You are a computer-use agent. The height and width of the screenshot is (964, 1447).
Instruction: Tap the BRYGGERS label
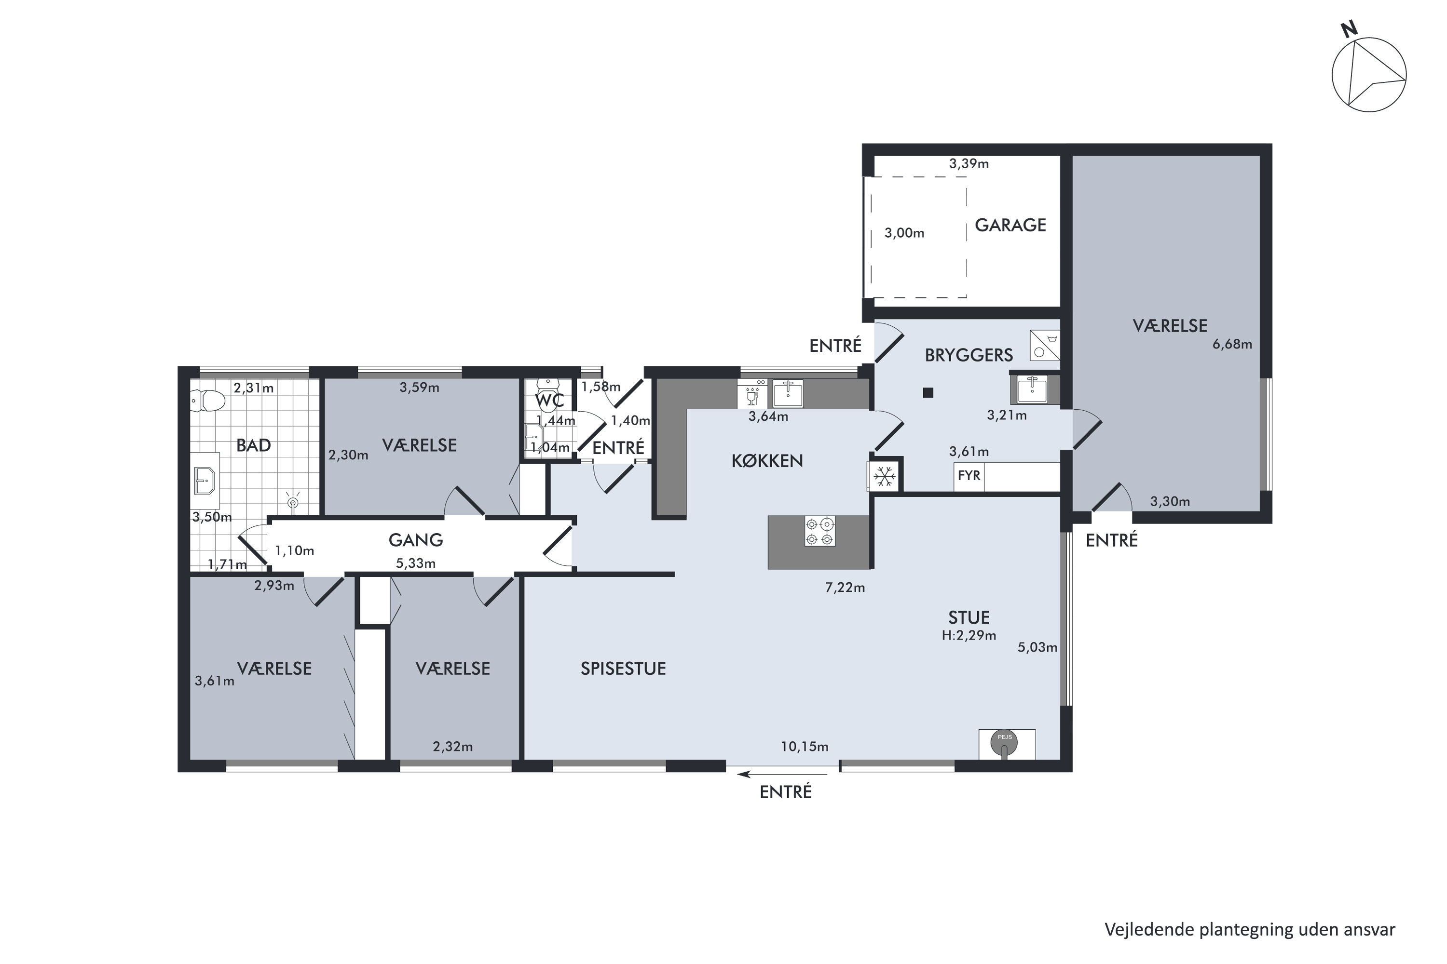point(969,355)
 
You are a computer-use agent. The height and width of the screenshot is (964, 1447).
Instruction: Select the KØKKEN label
point(767,461)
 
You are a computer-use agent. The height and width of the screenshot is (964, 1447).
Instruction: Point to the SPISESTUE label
point(623,669)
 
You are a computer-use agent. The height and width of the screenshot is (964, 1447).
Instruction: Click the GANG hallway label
point(416,540)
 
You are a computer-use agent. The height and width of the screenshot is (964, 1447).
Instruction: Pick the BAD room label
point(254,446)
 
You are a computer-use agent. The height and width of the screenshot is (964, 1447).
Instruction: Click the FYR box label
point(969,475)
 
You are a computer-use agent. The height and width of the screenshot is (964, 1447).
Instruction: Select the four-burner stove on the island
point(820,531)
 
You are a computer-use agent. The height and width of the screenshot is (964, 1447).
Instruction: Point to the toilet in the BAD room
point(207,401)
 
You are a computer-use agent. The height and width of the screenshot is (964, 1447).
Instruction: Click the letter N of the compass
point(1349,29)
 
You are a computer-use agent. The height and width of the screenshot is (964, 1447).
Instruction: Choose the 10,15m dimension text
point(805,747)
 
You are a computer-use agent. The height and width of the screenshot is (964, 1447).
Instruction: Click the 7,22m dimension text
point(846,588)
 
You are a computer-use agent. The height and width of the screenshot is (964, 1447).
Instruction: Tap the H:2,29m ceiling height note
point(969,636)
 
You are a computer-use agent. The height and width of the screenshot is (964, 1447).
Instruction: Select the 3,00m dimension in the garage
point(904,233)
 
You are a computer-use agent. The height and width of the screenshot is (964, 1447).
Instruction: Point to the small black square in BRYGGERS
point(928,393)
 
